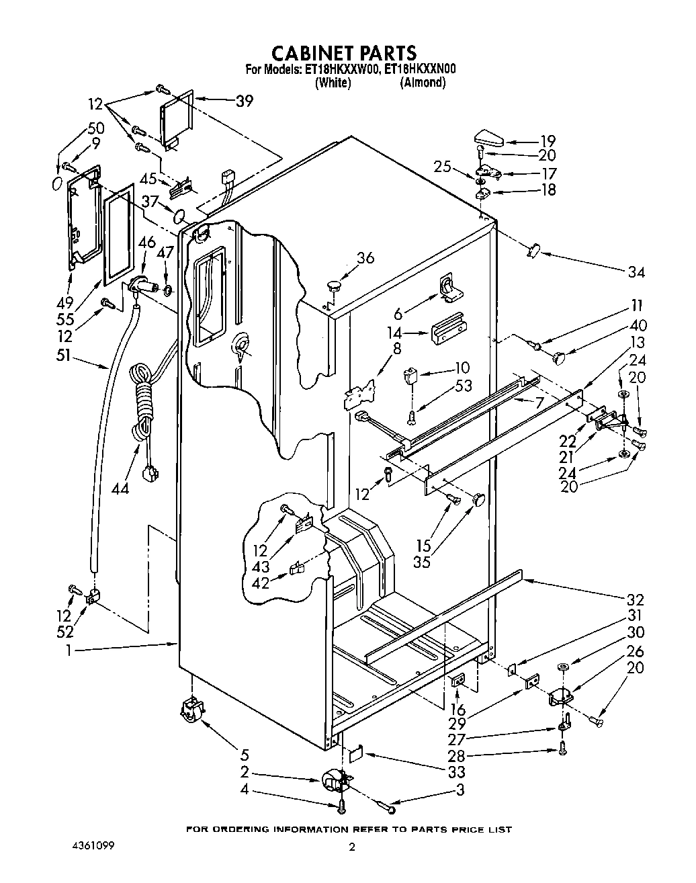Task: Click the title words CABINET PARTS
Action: [x=343, y=52]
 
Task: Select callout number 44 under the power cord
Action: [x=121, y=489]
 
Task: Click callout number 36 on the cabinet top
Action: [x=365, y=257]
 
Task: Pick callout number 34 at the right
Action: [x=636, y=272]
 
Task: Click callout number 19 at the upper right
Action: [x=548, y=141]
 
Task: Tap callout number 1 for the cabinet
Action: [x=69, y=650]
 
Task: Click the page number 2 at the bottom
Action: [x=351, y=866]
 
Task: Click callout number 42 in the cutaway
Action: [x=260, y=583]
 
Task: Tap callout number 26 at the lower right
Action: [x=635, y=650]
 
